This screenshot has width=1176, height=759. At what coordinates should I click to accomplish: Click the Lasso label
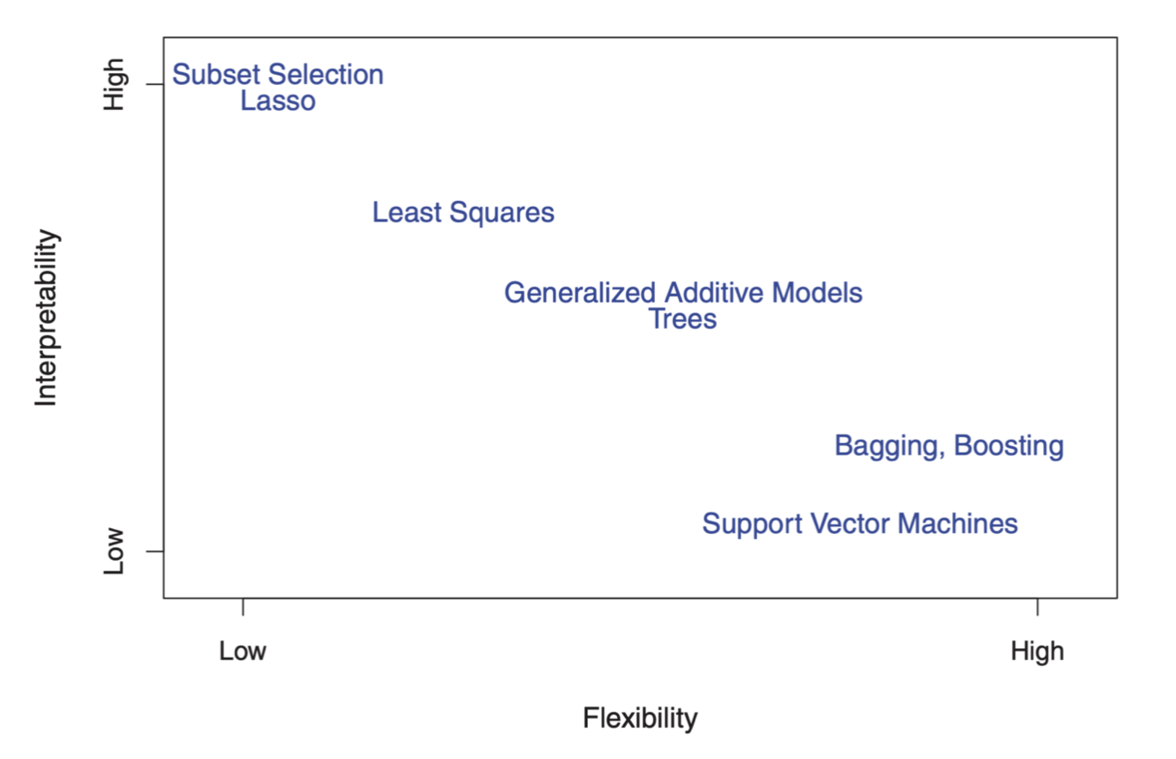pos(278,100)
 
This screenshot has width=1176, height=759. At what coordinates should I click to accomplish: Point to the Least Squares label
pos(463,213)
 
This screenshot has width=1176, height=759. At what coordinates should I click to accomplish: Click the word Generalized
pos(580,293)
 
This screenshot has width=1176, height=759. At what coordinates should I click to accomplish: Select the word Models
pos(817,293)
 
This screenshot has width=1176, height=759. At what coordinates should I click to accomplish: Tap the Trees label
pos(682,319)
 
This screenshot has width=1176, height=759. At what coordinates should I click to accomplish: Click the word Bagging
pos(890,446)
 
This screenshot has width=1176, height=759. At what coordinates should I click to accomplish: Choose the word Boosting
pos(1009,446)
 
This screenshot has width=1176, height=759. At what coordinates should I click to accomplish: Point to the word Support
pos(752,525)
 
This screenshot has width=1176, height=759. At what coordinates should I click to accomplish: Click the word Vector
pos(850,524)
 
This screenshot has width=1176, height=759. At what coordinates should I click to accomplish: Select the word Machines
pos(958,524)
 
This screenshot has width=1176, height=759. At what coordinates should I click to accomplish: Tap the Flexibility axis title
pos(640,719)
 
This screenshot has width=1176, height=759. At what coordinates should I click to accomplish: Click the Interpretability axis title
pos(47,318)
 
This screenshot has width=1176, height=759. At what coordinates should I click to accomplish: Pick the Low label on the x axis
pos(243,652)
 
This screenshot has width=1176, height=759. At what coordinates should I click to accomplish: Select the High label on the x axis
pos(1038,653)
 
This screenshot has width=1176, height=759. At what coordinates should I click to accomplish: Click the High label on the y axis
pos(114,84)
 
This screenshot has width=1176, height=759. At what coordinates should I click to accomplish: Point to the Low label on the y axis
pos(113,551)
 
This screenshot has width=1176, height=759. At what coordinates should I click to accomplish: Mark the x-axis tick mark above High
pos(1038,607)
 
